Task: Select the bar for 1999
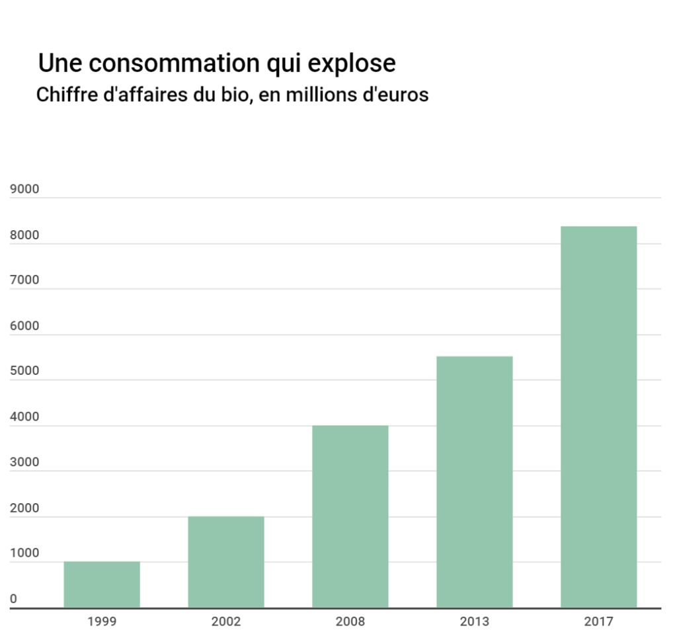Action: point(102,584)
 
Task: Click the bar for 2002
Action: point(226,562)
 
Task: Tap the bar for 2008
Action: point(350,516)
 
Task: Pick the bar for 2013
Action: point(475,482)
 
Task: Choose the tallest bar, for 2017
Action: point(598,417)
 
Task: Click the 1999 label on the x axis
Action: point(102,622)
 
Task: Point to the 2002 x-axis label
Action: point(226,622)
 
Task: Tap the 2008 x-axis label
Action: point(350,622)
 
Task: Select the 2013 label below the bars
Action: point(475,622)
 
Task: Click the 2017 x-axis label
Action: point(598,622)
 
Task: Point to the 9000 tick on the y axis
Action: point(24,189)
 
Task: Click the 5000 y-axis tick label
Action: point(24,372)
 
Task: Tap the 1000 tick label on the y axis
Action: point(24,553)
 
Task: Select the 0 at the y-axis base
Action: point(13,599)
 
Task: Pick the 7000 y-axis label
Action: point(24,280)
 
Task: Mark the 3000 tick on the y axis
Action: point(24,462)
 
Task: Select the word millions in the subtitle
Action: point(317,95)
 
